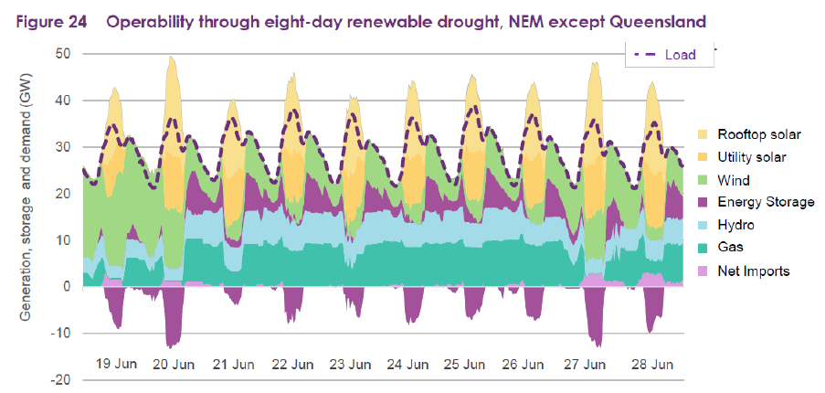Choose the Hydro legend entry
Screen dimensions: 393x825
pyautogui.click(x=735, y=225)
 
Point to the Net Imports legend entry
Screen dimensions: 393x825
pyautogui.click(x=750, y=271)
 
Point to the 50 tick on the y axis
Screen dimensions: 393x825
pyautogui.click(x=63, y=54)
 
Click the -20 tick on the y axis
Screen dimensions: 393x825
pyautogui.click(x=59, y=380)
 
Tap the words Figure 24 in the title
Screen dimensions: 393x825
pyautogui.click(x=50, y=19)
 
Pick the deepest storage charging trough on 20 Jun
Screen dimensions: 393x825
pyautogui.click(x=170, y=345)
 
